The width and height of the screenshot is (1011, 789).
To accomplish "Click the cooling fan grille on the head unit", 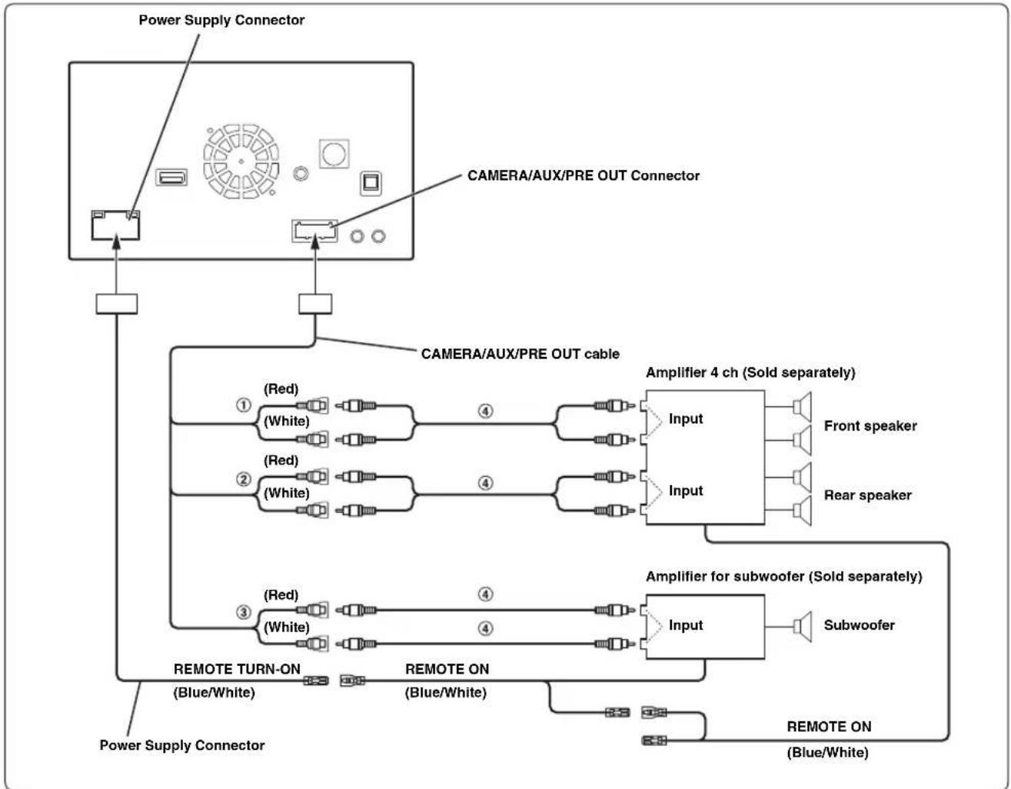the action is [241, 161].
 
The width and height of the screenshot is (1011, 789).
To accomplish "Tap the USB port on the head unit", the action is [171, 177].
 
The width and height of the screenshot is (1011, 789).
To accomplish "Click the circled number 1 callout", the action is [243, 405].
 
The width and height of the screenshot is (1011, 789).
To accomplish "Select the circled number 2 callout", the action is [243, 479].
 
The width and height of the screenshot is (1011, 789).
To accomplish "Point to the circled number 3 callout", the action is [243, 612].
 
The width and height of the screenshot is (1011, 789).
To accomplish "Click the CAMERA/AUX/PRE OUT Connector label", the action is [584, 176].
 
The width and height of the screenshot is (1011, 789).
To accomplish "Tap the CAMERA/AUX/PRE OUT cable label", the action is [520, 354].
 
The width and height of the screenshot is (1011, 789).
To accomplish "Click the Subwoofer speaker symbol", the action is [802, 626].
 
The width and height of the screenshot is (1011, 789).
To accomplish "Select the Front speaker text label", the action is [870, 426].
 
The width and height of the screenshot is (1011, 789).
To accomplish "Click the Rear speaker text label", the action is [868, 495].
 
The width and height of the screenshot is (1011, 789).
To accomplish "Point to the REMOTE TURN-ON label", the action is [237, 669].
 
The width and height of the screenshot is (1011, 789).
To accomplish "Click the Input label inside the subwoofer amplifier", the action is [686, 625].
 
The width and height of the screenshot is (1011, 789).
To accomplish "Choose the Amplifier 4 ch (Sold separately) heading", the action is [750, 373].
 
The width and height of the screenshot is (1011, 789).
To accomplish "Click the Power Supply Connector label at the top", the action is [221, 20].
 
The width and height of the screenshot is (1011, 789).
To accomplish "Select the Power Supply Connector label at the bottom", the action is [182, 745].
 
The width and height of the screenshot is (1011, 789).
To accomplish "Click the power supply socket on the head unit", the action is [115, 225].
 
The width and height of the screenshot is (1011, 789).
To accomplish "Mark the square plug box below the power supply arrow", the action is [117, 304].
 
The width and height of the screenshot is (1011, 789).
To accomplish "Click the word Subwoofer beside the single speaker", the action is [860, 625].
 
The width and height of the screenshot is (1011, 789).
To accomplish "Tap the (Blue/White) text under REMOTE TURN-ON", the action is [214, 693].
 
